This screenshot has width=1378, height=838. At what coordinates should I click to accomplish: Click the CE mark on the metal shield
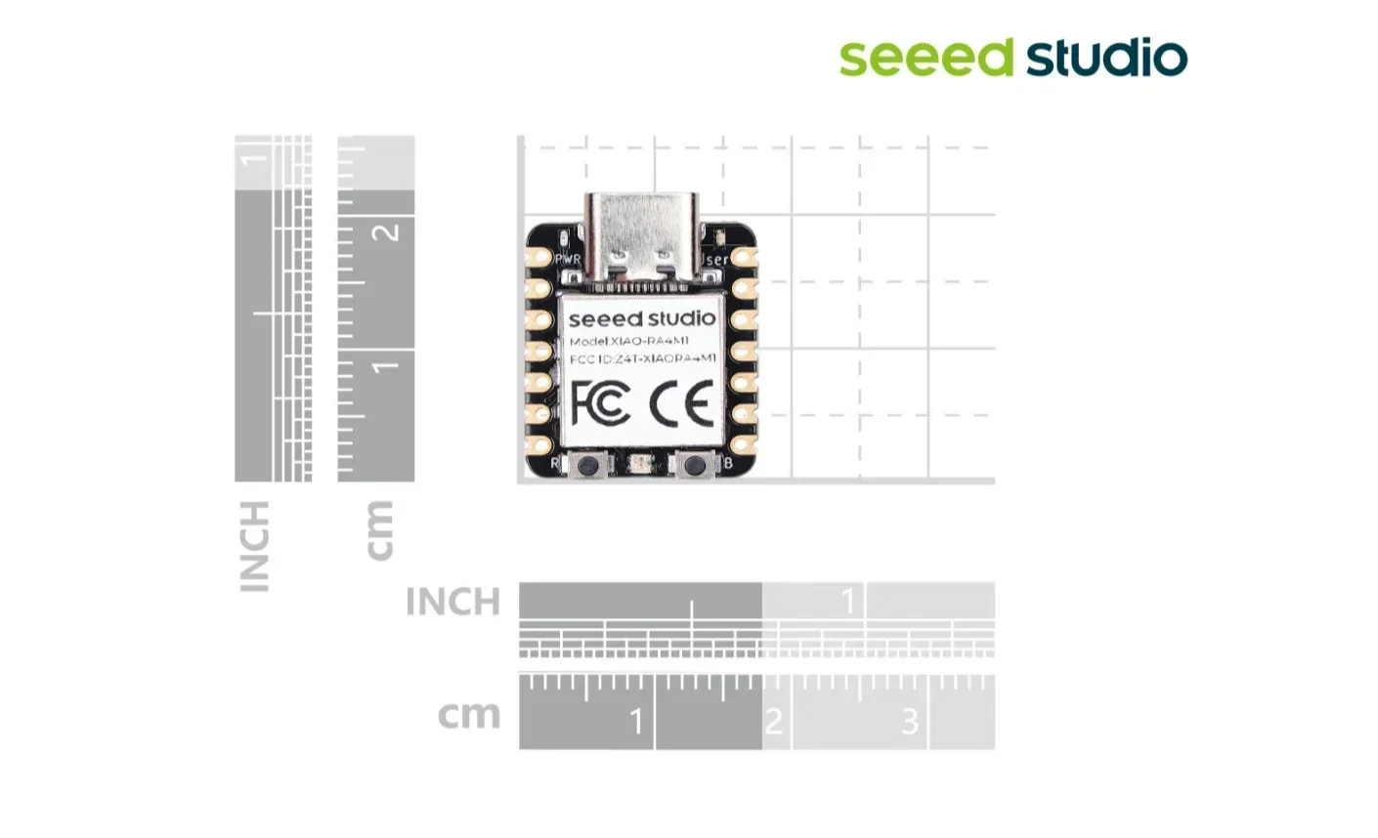[x=682, y=403]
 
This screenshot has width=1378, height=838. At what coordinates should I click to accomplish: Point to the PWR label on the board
[x=567, y=260]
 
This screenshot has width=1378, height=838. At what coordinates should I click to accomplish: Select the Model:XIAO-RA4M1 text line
[x=629, y=341]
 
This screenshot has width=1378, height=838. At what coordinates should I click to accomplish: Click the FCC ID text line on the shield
[x=642, y=359]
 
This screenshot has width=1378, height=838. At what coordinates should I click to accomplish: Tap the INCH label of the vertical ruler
[x=254, y=546]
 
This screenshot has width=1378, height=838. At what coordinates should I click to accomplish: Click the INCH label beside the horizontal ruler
[x=452, y=602]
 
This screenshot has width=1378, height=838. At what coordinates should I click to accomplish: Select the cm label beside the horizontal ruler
[x=469, y=715]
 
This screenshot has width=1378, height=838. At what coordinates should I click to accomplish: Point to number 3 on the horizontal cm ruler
[x=910, y=722]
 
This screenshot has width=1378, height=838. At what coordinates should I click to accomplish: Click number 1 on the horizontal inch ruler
[x=848, y=600]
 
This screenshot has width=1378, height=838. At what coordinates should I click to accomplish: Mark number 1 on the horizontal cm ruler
[x=636, y=722]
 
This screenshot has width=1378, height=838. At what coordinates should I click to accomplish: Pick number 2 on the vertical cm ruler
[x=388, y=232]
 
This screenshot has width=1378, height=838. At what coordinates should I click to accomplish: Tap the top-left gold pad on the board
[x=538, y=259]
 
